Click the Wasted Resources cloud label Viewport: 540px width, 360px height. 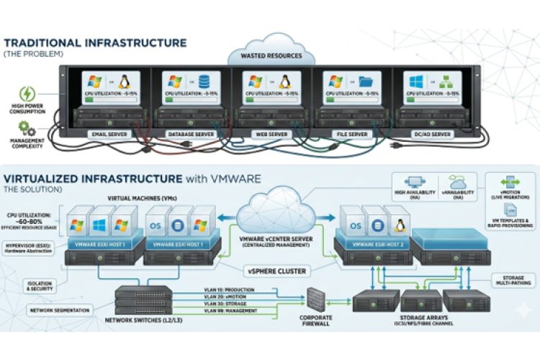271,55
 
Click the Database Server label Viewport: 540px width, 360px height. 189,134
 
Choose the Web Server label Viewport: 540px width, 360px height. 269,134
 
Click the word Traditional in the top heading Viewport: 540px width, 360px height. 51,43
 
